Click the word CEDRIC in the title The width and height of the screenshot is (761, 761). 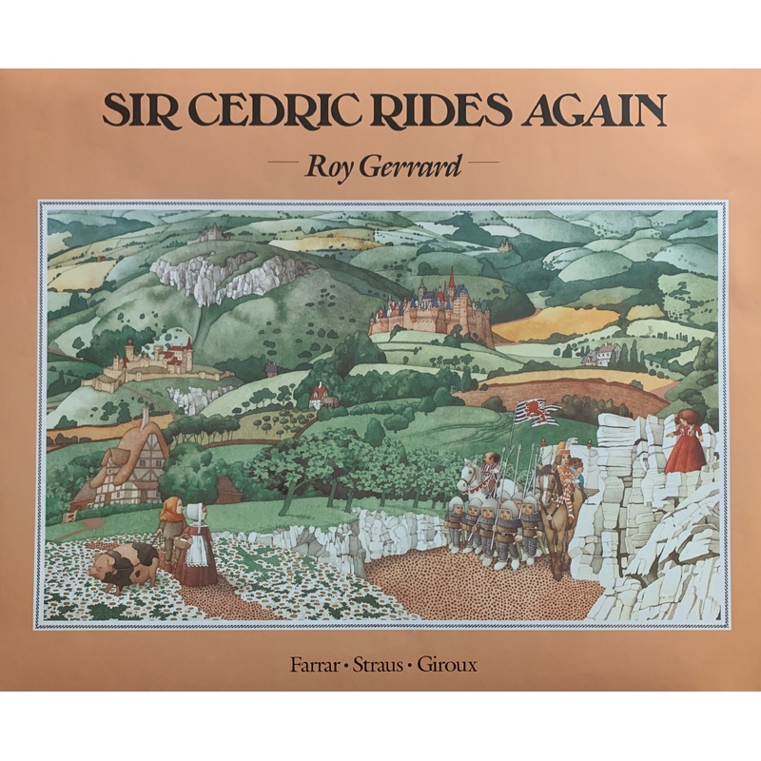(246, 111)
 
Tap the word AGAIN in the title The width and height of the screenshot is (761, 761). (590, 111)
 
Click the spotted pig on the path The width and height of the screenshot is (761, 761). (123, 567)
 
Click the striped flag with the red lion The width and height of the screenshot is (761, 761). (537, 413)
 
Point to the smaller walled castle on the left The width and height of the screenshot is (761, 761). (157, 365)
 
